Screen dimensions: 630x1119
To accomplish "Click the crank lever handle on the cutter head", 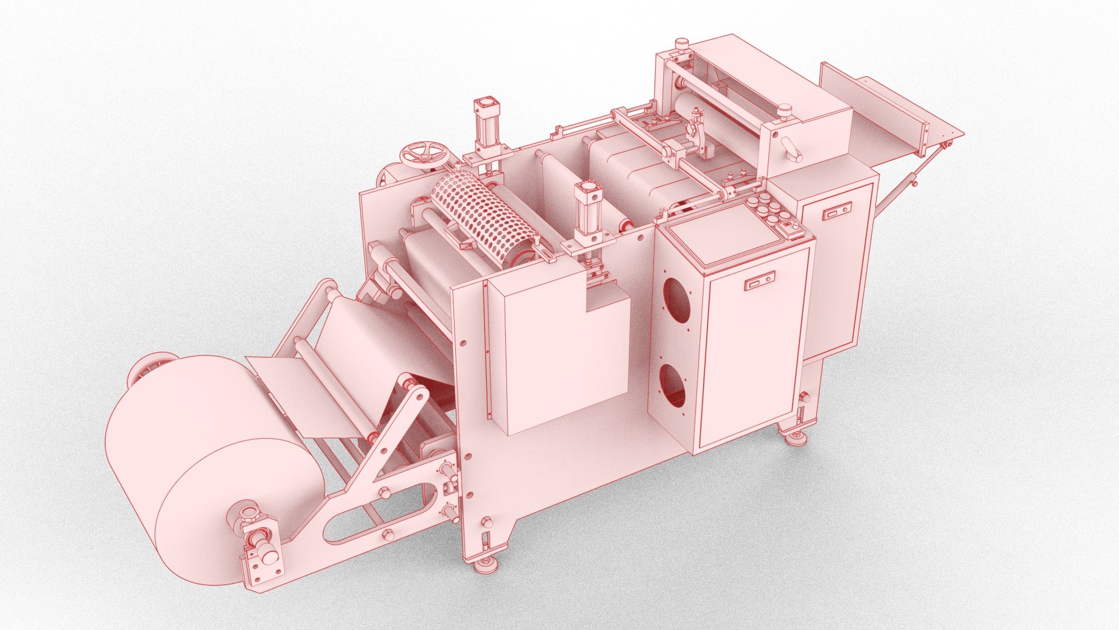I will click(x=791, y=150).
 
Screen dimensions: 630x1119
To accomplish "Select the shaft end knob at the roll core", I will click(x=268, y=555).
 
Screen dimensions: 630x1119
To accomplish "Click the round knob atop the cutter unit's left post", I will click(x=680, y=45).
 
